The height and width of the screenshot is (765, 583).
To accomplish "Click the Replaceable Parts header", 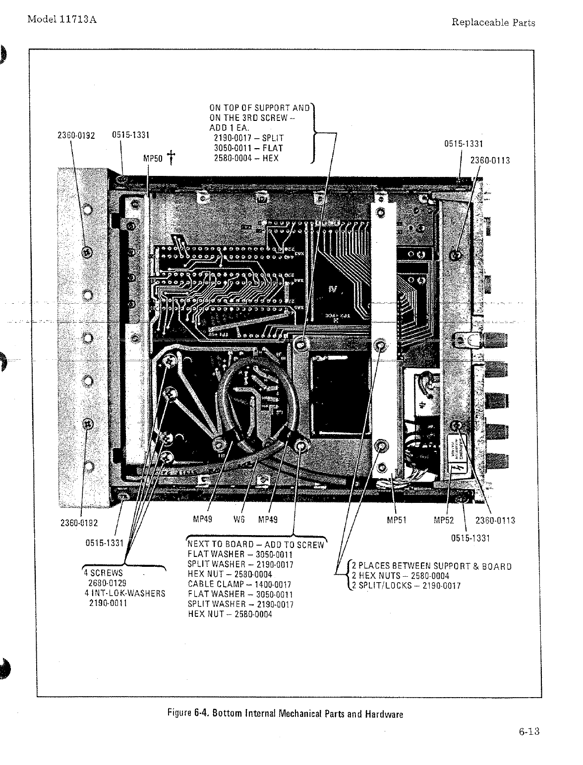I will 493,22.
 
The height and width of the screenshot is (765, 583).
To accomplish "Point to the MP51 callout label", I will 397,520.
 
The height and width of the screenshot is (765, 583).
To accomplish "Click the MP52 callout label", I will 444,520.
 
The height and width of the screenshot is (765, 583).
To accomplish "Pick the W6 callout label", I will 239,520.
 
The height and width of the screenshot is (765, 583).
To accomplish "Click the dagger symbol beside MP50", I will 172,157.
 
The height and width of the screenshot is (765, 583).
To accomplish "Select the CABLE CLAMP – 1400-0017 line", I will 239,585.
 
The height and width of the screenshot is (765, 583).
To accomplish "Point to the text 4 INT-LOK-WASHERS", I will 125,594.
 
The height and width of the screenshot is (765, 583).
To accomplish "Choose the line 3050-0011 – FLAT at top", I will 248,148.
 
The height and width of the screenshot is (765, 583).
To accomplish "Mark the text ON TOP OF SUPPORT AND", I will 260,107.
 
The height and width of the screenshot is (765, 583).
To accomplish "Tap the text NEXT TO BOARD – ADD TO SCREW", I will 256,545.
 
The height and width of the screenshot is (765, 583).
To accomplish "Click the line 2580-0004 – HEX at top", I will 246,158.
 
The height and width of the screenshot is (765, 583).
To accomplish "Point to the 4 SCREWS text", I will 104,573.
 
